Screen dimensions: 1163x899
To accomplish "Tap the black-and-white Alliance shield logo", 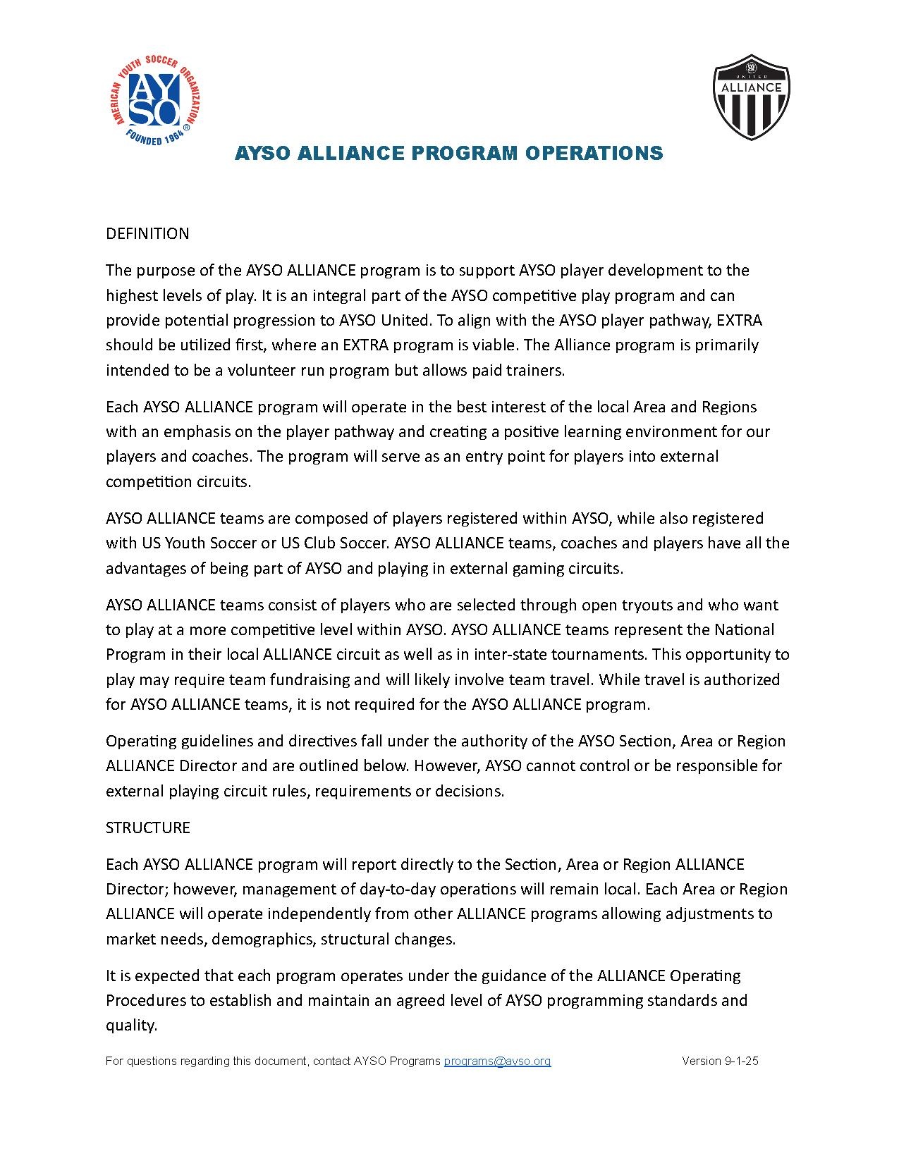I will pos(751,97).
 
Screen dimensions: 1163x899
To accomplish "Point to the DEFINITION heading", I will pos(147,234).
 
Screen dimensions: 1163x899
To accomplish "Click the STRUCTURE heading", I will pos(148,827).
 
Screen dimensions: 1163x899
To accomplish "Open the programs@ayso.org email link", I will pos(497,1061).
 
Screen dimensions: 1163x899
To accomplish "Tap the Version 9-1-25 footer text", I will pos(720,1061).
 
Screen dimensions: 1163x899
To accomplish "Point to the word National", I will pos(744,629).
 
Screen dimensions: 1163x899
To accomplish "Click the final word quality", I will pos(130,1026).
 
